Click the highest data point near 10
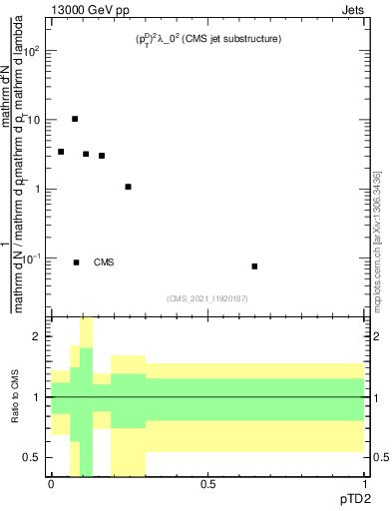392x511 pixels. pyautogui.click(x=75, y=119)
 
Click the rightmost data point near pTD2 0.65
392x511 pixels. pyautogui.click(x=255, y=266)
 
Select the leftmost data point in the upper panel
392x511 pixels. pyautogui.click(x=61, y=152)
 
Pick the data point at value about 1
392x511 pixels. pyautogui.click(x=128, y=187)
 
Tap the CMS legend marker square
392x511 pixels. pyautogui.click(x=76, y=262)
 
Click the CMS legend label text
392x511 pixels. pyautogui.click(x=104, y=262)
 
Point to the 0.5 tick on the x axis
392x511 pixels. pyautogui.click(x=207, y=483)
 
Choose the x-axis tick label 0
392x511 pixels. pyautogui.click(x=51, y=483)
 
